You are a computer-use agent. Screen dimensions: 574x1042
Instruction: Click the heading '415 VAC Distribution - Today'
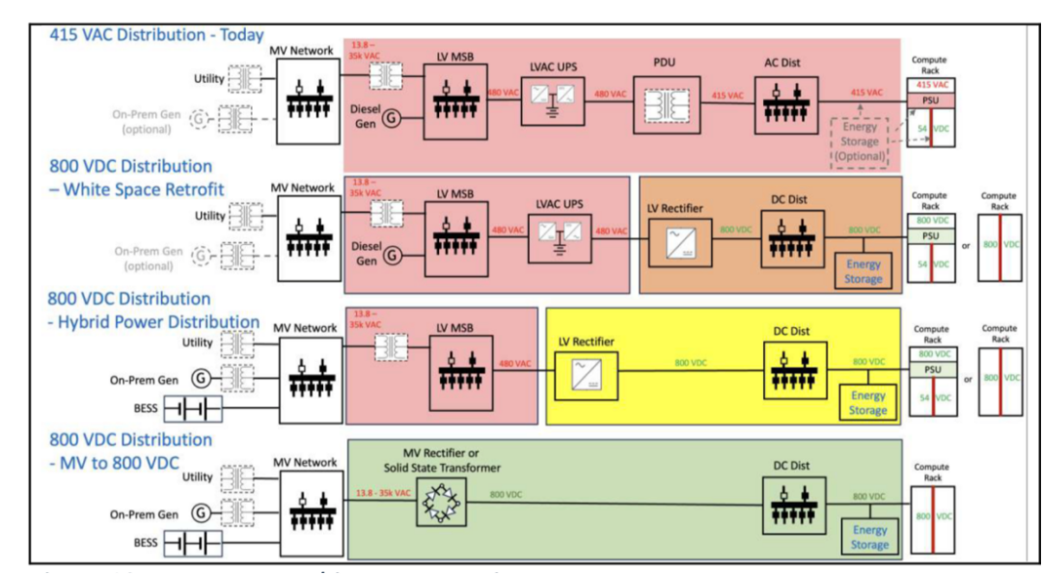pyautogui.click(x=155, y=35)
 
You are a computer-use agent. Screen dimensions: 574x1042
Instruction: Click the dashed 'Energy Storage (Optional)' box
pyautogui.click(x=859, y=141)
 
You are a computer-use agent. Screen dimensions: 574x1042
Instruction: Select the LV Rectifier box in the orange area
pyautogui.click(x=675, y=241)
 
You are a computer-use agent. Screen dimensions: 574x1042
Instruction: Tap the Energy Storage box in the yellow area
pyautogui.click(x=867, y=403)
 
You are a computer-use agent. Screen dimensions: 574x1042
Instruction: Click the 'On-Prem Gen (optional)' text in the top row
pyautogui.click(x=146, y=121)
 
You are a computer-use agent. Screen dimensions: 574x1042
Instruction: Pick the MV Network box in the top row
pyautogui.click(x=308, y=98)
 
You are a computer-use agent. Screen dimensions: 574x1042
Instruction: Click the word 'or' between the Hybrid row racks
pyautogui.click(x=968, y=378)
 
